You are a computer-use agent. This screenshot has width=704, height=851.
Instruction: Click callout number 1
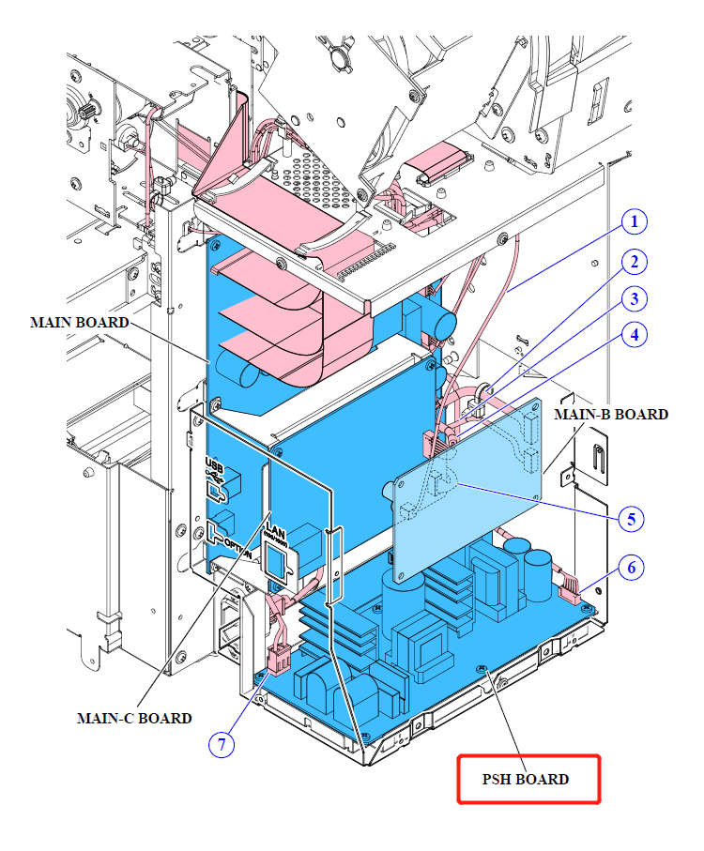point(635,222)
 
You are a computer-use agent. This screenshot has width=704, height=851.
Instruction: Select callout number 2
point(635,262)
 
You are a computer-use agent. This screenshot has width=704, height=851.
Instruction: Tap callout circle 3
point(635,299)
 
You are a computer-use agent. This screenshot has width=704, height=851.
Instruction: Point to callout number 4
point(635,334)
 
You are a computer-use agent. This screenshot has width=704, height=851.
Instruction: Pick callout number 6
point(632,568)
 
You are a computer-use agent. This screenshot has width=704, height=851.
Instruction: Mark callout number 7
point(222,745)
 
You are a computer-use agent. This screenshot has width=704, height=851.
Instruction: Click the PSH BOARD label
point(527,779)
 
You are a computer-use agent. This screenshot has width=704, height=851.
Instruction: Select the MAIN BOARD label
point(80,322)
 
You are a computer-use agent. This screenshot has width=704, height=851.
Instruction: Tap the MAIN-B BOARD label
point(611,414)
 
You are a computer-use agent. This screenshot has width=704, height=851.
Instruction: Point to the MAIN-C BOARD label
point(134,718)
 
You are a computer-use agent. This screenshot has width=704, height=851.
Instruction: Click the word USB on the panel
point(213,466)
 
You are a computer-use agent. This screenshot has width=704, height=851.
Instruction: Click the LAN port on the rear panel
point(277,561)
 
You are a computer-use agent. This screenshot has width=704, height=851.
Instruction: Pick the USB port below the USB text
point(218,490)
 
